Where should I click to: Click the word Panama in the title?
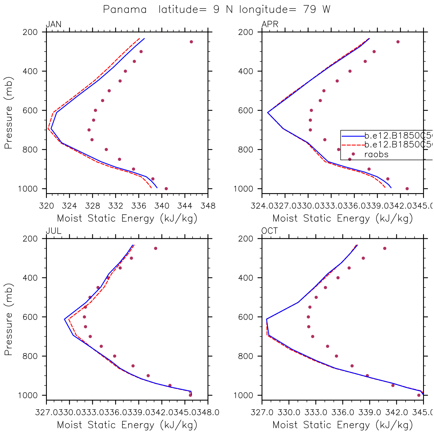tap(125, 9)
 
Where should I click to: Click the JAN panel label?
tap(54, 24)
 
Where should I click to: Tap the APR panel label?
tap(270, 24)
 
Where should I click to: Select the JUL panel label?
tap(54, 231)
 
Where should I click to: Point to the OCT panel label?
tap(270, 231)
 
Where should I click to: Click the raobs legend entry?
tap(376, 154)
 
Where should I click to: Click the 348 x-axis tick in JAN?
tap(208, 206)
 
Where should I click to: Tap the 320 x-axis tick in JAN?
tap(47, 206)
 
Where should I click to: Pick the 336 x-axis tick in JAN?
tap(139, 206)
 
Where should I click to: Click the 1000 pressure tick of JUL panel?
tap(28, 395)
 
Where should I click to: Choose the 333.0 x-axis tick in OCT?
tap(316, 412)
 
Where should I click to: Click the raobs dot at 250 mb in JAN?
tap(191, 42)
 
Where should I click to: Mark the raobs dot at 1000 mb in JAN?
tap(166, 189)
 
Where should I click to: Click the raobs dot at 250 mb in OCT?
tap(385, 248)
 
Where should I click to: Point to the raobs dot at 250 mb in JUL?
tap(155, 248)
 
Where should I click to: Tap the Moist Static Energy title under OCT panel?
tap(343, 425)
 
